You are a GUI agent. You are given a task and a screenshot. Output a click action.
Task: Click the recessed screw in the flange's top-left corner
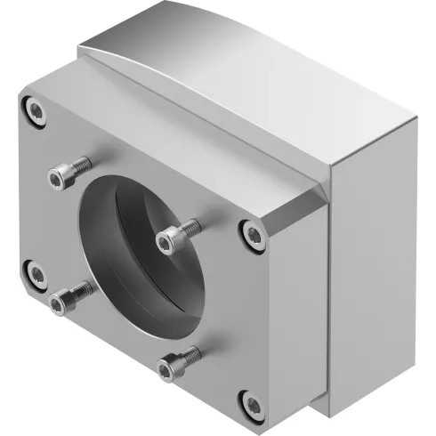pos(36,111)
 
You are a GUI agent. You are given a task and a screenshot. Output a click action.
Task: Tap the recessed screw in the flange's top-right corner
pos(253,235)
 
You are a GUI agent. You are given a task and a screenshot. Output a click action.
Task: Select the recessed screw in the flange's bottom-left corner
pos(35,271)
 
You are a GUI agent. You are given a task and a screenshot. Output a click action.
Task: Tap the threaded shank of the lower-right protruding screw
pos(190,357)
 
